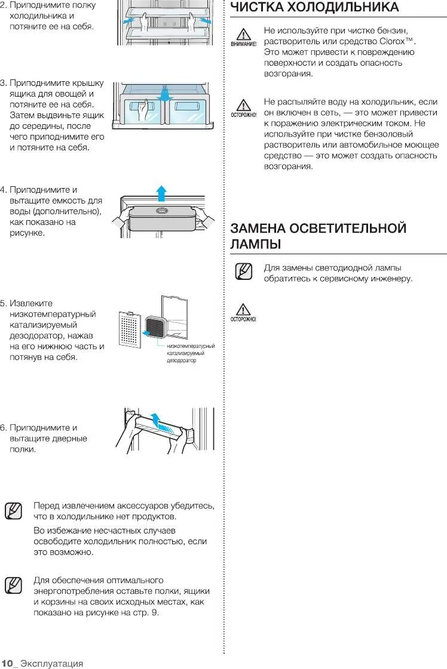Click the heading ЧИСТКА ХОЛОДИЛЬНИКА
[x=314, y=8]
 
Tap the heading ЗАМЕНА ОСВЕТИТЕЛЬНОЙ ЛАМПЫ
[x=318, y=236]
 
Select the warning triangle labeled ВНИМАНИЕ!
[x=242, y=35]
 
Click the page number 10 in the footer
[x=7, y=663]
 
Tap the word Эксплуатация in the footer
[x=51, y=663]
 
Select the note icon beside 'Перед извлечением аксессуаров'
[x=13, y=511]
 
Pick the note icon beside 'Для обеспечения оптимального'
[x=13, y=585]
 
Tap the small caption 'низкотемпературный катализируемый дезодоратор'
[x=190, y=353]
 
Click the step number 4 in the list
[x=3, y=190]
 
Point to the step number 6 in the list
[x=3, y=428]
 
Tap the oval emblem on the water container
[x=162, y=211]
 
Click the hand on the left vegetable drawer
[x=142, y=112]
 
